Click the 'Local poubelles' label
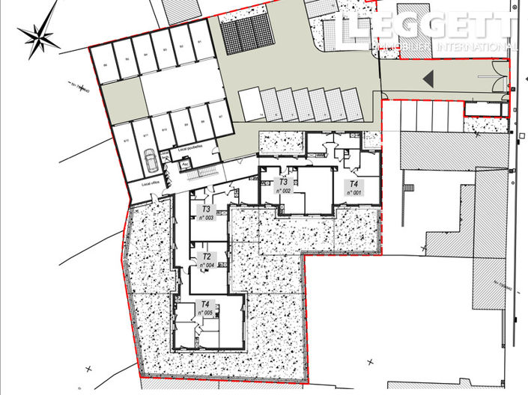pyautogui.click(x=191, y=147)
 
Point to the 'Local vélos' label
pyautogui.click(x=152, y=183)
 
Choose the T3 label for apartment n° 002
pyautogui.click(x=283, y=182)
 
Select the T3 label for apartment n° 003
pyautogui.click(x=205, y=210)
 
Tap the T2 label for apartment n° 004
pyautogui.click(x=205, y=257)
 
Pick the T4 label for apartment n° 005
pyautogui.click(x=205, y=304)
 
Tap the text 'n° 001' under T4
pyautogui.click(x=353, y=192)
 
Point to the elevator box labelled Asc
pyautogui.click(x=184, y=164)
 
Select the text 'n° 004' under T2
pyautogui.click(x=207, y=265)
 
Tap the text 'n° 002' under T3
pyautogui.click(x=283, y=191)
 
